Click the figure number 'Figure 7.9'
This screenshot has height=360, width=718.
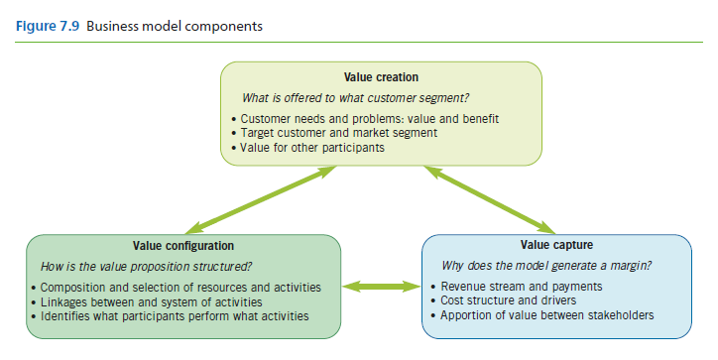coord(47,26)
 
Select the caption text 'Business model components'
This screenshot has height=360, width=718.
coord(175,26)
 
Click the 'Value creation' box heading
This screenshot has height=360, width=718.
coord(381,76)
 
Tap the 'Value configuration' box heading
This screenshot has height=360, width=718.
coord(183,246)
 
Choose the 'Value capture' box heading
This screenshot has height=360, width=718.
coord(555,245)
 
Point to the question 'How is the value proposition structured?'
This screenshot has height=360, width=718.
coord(145,267)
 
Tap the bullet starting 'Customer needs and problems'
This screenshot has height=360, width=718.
coord(370,119)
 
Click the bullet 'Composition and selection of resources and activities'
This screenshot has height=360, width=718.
coord(179,288)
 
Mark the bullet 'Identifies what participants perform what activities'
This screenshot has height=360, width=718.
coord(174,315)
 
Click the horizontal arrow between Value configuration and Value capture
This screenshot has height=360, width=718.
coord(381,288)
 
